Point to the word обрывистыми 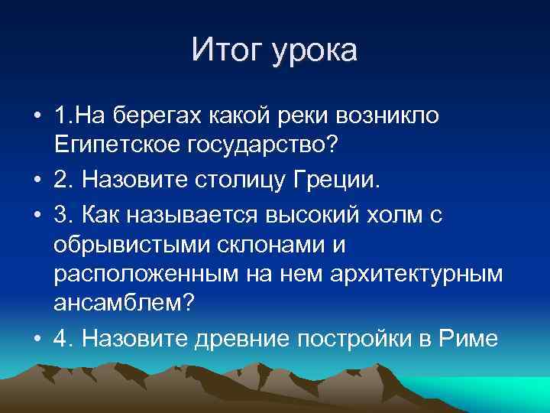pyautogui.click(x=132, y=246)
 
